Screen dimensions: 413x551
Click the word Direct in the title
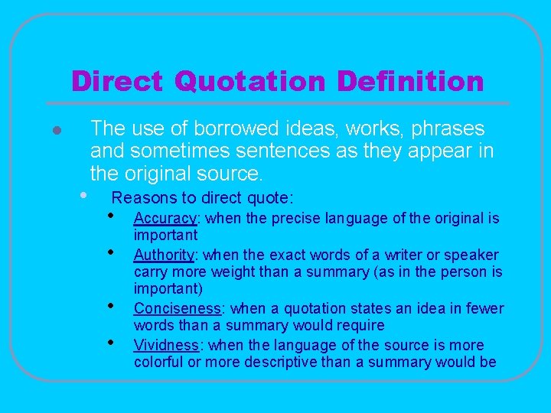(x=116, y=81)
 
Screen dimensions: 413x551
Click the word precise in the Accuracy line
(x=296, y=219)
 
